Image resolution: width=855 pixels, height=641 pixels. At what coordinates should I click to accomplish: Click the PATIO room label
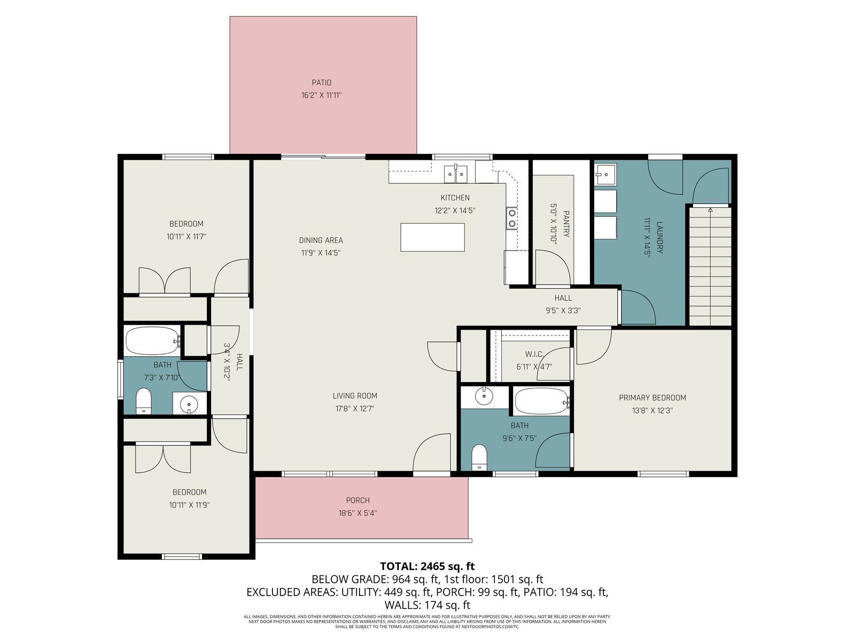321,82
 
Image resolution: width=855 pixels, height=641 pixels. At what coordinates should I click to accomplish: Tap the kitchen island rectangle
432,237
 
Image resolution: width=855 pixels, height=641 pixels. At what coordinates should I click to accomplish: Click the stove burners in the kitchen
511,218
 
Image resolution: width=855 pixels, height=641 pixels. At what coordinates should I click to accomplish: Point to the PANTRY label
566,224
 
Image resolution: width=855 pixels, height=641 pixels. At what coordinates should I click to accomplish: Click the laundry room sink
605,175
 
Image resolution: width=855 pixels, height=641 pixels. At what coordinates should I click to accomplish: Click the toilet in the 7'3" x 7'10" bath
143,401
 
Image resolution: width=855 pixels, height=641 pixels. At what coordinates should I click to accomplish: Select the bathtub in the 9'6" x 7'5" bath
542,401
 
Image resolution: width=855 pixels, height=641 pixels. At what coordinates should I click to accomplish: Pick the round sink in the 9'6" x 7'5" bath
484,396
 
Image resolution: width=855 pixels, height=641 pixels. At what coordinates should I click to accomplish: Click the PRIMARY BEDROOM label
652,397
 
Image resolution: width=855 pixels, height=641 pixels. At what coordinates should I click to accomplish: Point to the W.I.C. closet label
534,354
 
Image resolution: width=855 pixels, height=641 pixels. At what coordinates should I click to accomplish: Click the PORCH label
358,500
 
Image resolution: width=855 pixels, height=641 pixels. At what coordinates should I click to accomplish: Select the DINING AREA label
321,240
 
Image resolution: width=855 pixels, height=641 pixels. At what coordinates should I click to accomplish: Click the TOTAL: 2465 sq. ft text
428,566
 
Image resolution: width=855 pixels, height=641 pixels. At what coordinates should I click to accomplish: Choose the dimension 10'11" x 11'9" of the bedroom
189,505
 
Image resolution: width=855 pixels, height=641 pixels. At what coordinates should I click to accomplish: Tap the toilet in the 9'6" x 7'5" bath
479,458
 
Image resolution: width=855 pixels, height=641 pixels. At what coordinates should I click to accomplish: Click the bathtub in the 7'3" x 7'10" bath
152,341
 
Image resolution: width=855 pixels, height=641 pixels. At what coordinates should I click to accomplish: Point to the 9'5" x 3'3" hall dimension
563,310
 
